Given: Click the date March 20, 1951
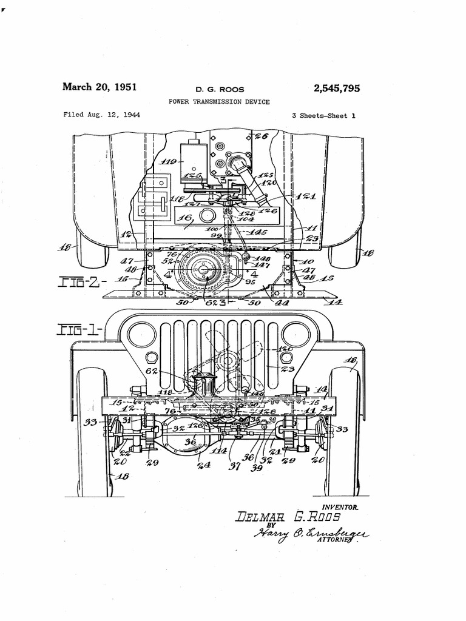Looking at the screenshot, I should tap(100, 87).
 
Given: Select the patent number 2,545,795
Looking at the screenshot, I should tap(337, 89).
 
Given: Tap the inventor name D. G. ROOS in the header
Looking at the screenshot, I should tap(219, 90).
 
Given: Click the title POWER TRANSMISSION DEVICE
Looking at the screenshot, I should tap(219, 102).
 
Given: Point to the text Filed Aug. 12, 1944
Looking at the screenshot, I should tap(102, 115).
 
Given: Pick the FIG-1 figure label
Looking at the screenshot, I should tap(79, 329).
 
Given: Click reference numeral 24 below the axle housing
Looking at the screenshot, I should tap(203, 466).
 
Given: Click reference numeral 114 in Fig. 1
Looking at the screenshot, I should tap(218, 451).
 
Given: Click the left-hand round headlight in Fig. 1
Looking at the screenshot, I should tap(142, 334).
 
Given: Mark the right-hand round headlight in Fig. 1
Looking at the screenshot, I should tap(296, 334).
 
